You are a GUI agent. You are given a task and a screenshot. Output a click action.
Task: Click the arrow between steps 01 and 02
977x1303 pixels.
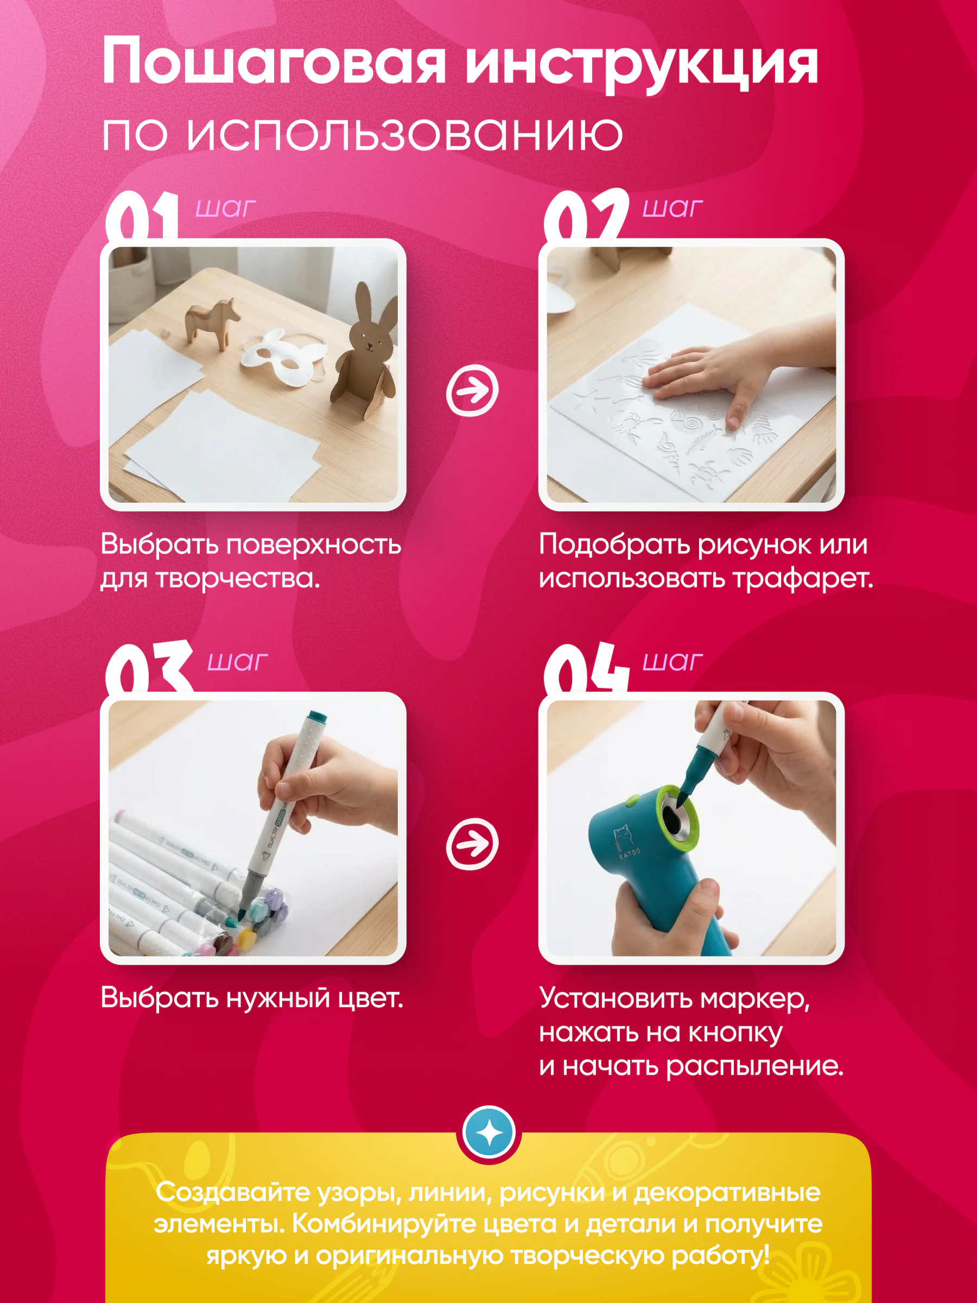click(x=472, y=390)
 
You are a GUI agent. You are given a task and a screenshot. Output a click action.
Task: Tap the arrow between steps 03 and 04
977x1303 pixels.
click(x=472, y=844)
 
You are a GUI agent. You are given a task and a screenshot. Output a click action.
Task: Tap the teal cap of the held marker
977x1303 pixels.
click(x=316, y=721)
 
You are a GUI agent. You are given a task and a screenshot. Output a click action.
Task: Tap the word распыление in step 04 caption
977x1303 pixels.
click(x=755, y=1067)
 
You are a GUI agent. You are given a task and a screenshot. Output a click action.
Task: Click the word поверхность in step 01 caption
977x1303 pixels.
click(x=313, y=545)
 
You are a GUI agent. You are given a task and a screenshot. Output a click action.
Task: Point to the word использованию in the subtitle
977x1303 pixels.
click(x=404, y=134)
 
